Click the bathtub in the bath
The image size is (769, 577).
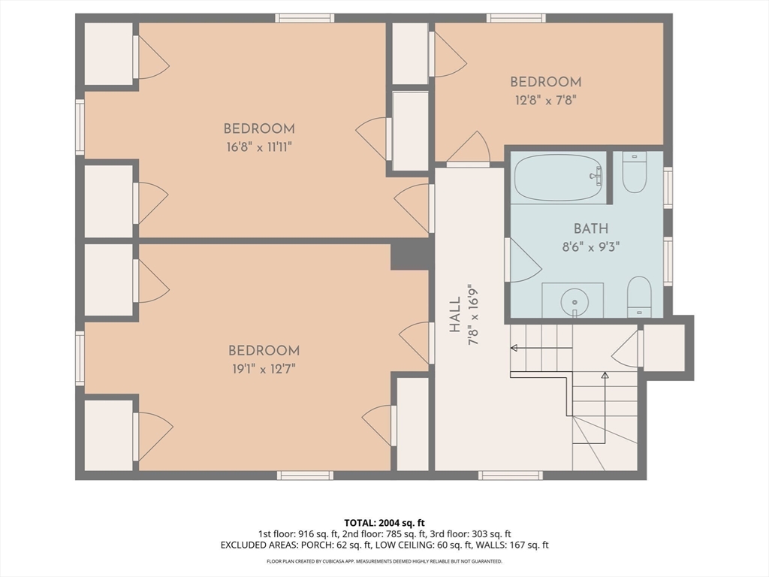(x=559, y=177)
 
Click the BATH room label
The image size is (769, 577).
(x=591, y=228)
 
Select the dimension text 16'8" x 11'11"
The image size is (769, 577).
(x=259, y=147)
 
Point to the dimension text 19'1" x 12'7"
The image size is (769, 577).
(x=264, y=368)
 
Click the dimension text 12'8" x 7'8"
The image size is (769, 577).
(x=545, y=101)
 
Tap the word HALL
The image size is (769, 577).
(x=456, y=315)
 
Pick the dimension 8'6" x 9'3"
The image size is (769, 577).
(x=591, y=246)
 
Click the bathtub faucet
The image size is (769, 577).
(x=597, y=176)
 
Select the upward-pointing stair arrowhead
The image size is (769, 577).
(x=605, y=376)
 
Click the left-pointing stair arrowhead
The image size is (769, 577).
(x=514, y=348)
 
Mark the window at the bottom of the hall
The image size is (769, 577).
(x=511, y=475)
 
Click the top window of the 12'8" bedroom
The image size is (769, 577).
(x=516, y=18)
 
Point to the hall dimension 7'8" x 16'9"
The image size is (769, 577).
(x=473, y=315)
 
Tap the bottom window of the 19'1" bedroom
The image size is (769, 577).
(x=305, y=475)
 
